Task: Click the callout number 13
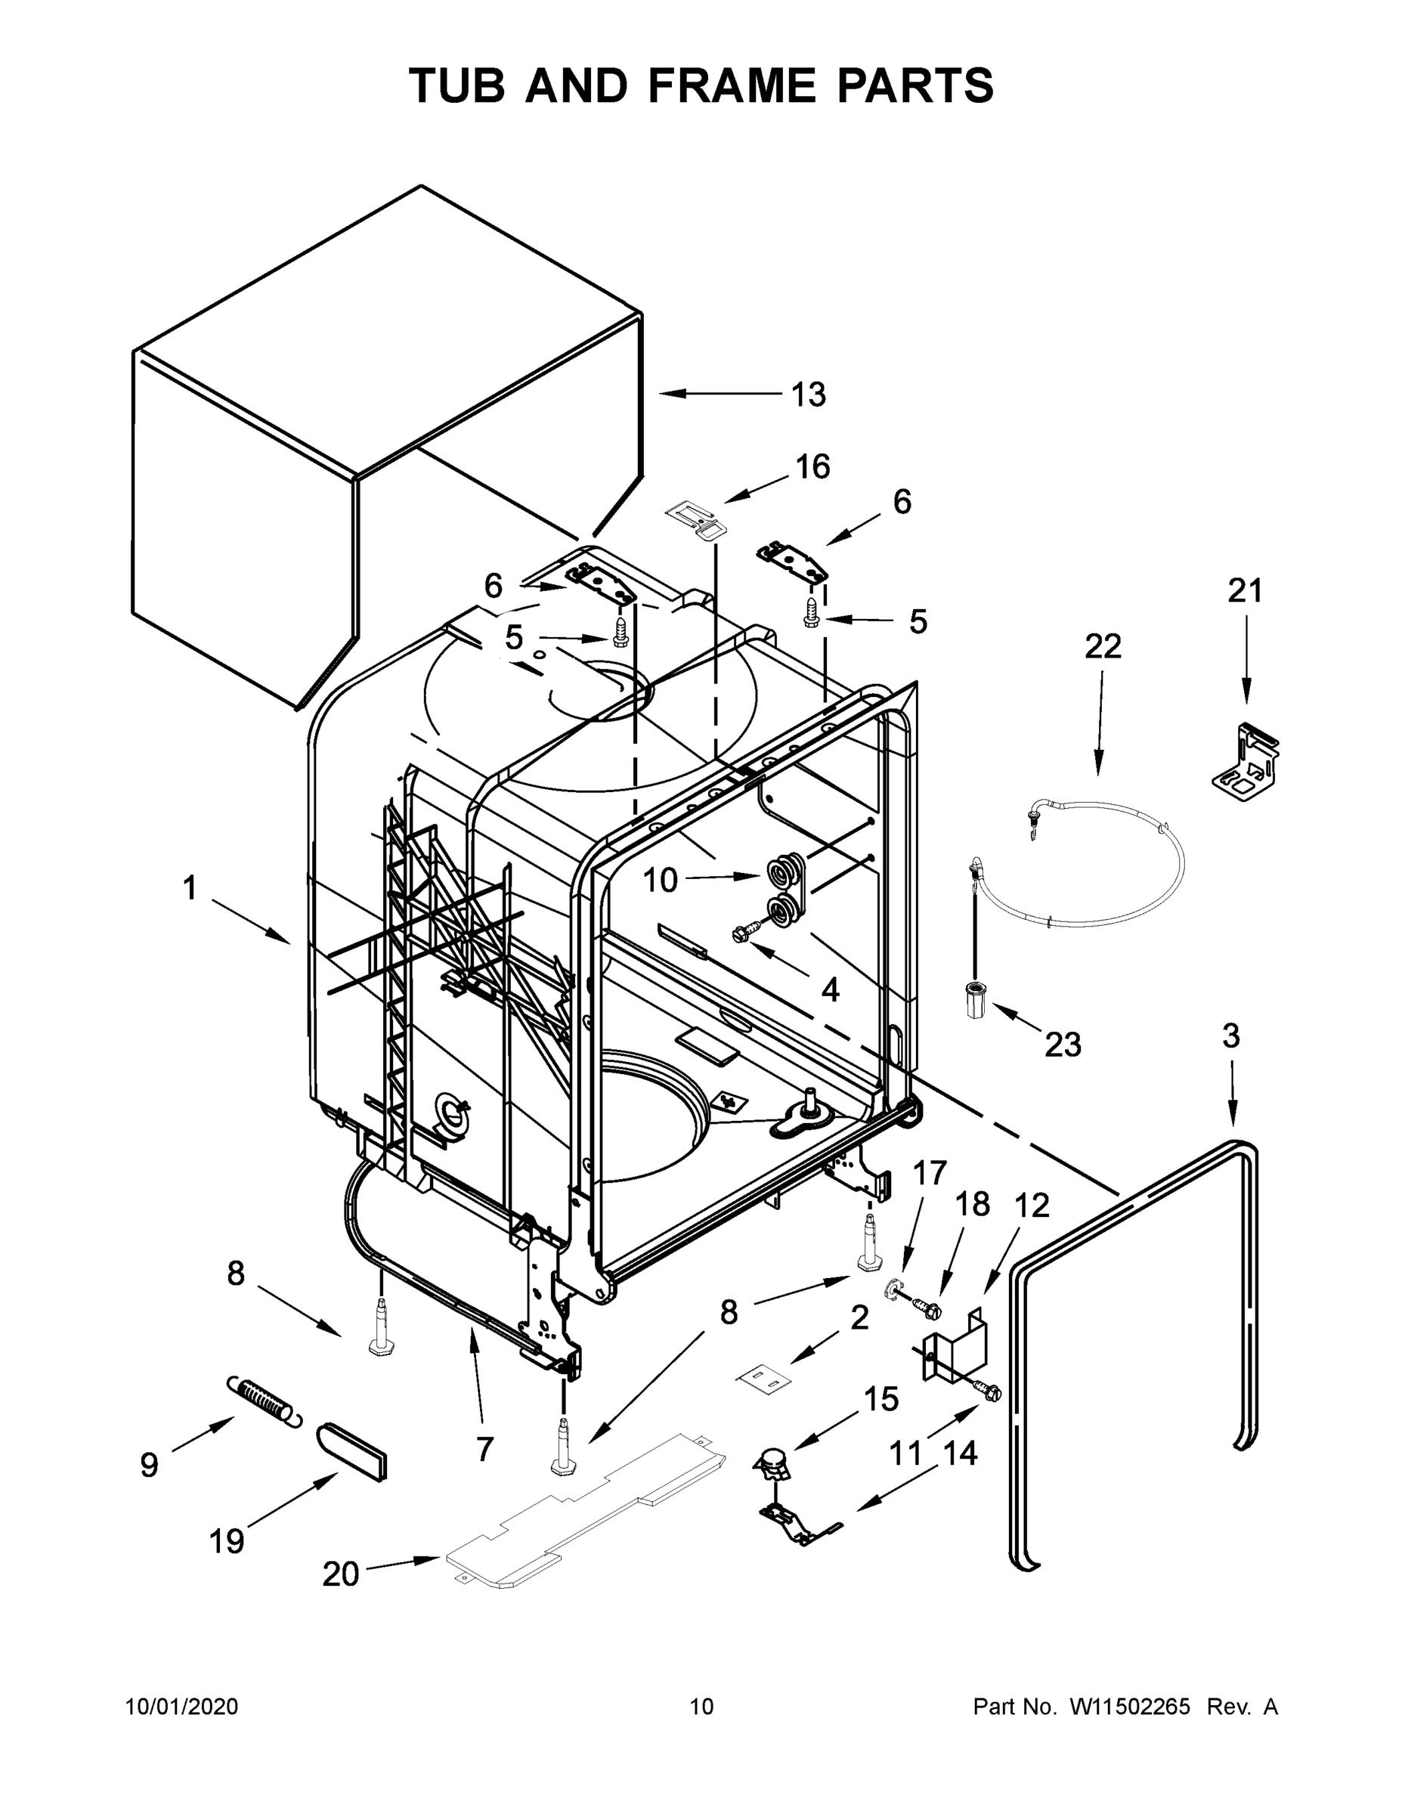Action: click(807, 395)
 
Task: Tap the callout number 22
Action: click(1102, 646)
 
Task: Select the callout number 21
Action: click(1245, 590)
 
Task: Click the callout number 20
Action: click(341, 1574)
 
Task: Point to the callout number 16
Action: click(812, 467)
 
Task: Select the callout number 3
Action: click(1231, 1035)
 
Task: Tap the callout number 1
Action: click(190, 888)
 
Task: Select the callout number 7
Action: click(484, 1450)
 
